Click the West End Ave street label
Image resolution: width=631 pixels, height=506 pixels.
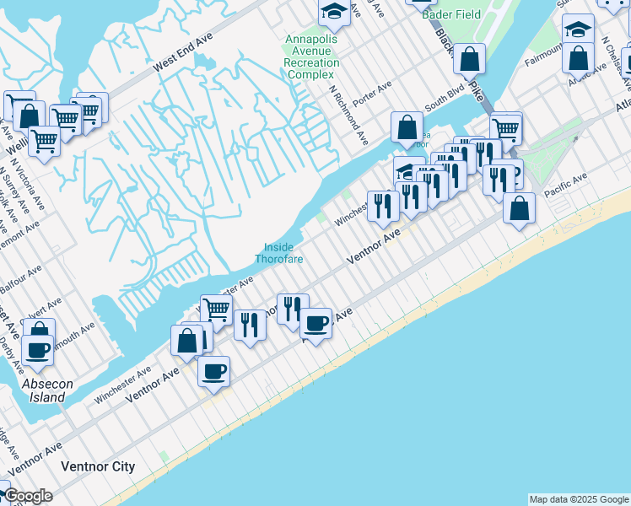pos(182,55)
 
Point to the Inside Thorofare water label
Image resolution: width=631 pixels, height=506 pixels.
pos(278,253)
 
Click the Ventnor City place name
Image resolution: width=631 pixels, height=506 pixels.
pos(98,466)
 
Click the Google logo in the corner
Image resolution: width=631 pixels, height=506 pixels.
pos(28,496)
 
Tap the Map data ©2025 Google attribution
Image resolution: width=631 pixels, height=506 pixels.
pos(578,499)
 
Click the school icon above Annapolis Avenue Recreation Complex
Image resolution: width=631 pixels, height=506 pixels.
pos(334,11)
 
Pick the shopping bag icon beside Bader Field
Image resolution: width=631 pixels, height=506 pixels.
pos(470,58)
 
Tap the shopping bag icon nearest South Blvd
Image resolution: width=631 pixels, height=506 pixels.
pos(407,127)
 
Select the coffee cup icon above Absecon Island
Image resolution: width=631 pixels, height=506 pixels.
pos(37,347)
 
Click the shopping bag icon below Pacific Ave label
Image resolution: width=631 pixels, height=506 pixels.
pos(519,207)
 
